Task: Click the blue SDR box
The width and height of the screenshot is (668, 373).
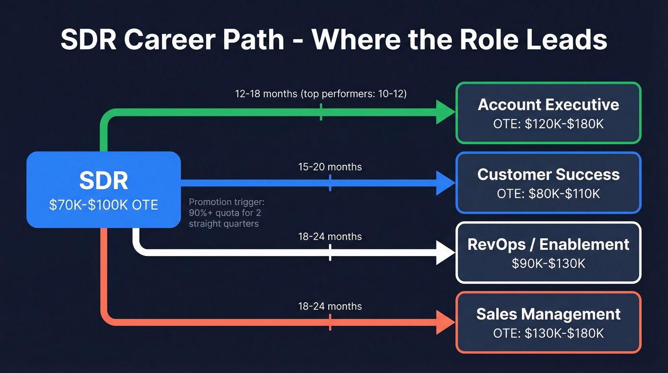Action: tap(104, 190)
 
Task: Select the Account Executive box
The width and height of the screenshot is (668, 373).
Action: tap(548, 113)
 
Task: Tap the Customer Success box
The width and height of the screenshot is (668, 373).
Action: tap(548, 182)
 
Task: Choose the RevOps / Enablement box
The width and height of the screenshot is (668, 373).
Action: tap(548, 252)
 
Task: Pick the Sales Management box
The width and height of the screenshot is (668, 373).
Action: tap(548, 322)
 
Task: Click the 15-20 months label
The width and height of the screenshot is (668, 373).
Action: tap(330, 167)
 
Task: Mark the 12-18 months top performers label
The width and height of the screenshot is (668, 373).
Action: tap(321, 94)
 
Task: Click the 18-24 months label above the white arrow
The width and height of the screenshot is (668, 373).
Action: tap(330, 236)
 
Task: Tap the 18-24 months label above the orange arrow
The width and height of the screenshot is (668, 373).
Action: tap(330, 306)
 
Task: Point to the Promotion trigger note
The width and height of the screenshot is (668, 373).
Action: tap(227, 213)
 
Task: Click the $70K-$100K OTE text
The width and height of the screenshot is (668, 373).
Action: tap(104, 204)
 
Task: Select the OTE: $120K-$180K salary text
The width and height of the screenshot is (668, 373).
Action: tap(548, 124)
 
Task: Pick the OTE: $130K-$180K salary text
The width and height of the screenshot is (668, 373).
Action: tap(548, 333)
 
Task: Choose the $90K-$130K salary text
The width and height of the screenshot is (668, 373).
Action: tap(548, 263)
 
